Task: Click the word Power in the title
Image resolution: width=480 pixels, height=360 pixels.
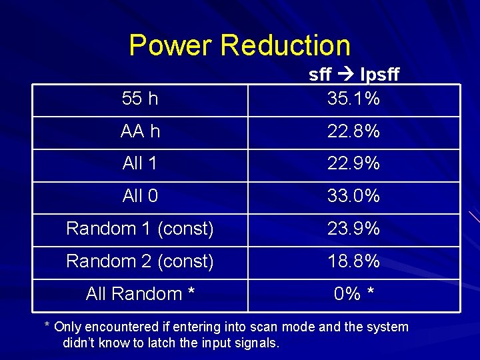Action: tap(171, 45)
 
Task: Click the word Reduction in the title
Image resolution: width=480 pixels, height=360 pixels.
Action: tap(286, 45)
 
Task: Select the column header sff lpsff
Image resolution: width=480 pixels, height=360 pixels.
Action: tap(354, 75)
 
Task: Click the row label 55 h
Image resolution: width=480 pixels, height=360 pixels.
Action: tap(141, 99)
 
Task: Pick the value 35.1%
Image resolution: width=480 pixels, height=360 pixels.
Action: tap(353, 99)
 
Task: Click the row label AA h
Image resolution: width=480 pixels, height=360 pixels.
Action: tap(141, 131)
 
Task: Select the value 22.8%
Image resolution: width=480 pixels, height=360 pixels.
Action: tap(353, 131)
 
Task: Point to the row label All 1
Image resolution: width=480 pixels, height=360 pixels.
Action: tap(140, 163)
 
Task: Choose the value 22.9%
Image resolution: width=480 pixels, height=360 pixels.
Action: tap(353, 163)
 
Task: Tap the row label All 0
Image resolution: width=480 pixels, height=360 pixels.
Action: tap(140, 196)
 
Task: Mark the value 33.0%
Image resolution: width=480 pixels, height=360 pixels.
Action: tap(353, 196)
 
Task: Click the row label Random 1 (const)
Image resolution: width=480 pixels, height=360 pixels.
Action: tap(140, 229)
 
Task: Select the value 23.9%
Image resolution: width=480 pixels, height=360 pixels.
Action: tap(353, 229)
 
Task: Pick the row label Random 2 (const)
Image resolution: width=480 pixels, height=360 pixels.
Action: tap(140, 261)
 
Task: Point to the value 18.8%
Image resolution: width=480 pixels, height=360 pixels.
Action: tap(353, 261)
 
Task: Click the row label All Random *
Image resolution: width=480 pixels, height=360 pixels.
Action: tap(140, 294)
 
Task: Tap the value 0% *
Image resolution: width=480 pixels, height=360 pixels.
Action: tap(353, 294)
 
